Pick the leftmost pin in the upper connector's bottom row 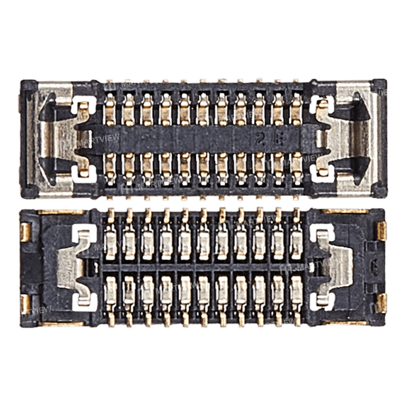coord(110,166)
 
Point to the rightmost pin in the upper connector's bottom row coord(297,166)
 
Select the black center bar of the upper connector coord(203,138)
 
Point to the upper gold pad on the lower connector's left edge coord(25,232)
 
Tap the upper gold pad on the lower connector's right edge coord(381,231)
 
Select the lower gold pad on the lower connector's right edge coord(381,303)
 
